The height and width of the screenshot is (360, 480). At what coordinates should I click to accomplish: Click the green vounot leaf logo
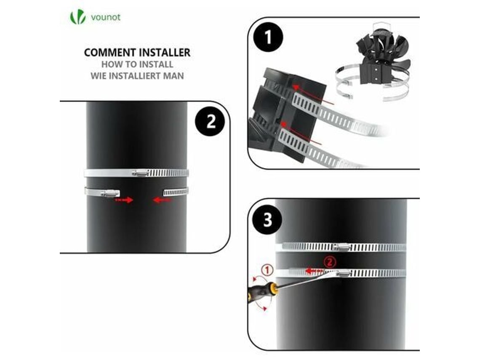pos(78,17)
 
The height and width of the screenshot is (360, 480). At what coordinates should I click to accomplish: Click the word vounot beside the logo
pos(106,17)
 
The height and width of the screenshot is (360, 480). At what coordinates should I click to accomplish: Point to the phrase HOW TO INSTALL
pos(137,64)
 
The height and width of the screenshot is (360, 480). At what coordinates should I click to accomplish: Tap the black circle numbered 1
pos(268,37)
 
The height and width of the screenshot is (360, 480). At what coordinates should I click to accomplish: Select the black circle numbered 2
pos(210,122)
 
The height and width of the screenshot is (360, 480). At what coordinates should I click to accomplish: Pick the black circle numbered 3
pos(267,220)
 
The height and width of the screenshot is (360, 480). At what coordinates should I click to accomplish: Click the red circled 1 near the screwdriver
pos(267,270)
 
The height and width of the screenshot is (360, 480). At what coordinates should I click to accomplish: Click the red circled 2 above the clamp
pos(330,262)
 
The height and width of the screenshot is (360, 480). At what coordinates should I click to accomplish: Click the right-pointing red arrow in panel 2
pos(124,200)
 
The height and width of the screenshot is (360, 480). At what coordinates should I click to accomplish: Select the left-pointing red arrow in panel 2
pos(162,200)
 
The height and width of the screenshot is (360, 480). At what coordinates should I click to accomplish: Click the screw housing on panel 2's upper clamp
pos(141,173)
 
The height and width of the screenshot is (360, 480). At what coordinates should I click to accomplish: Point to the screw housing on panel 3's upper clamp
pos(341,246)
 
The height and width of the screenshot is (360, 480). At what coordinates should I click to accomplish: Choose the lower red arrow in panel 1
pos(301,133)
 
